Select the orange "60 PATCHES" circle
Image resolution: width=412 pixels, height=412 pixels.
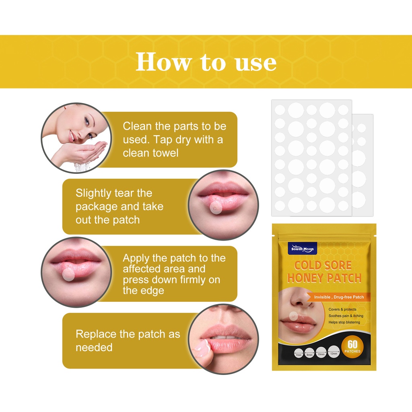(x=352, y=346)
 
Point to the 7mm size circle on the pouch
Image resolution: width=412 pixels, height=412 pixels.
(x=298, y=352)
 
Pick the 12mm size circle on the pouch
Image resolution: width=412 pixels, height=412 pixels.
(x=334, y=352)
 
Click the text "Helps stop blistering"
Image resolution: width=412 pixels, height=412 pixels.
(x=344, y=322)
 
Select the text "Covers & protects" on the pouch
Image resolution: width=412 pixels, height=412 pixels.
(x=342, y=309)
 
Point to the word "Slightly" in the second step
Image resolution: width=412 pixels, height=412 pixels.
(x=93, y=193)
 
